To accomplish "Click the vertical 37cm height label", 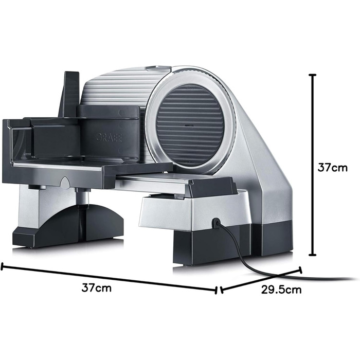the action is (332, 168).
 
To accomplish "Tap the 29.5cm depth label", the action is (281, 290).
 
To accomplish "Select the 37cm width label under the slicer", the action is (97, 287).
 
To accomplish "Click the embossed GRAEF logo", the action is (109, 137).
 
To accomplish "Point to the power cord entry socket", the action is (217, 223).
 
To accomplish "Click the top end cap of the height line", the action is (313, 75).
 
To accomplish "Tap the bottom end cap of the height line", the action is (313, 255).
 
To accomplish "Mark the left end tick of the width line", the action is (2, 266).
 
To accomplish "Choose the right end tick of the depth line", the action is (300, 270).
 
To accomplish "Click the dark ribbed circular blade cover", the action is (190, 125).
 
